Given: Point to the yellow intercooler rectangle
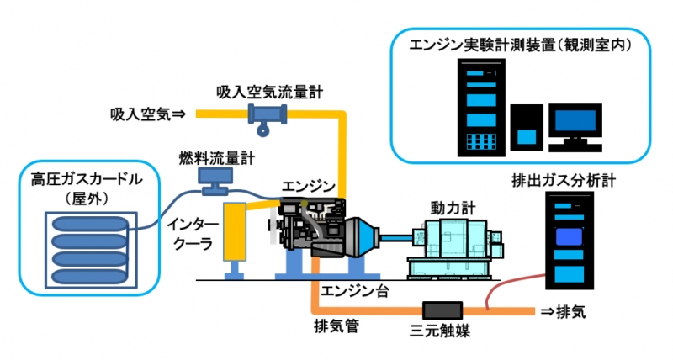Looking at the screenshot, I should pos(234,231).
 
